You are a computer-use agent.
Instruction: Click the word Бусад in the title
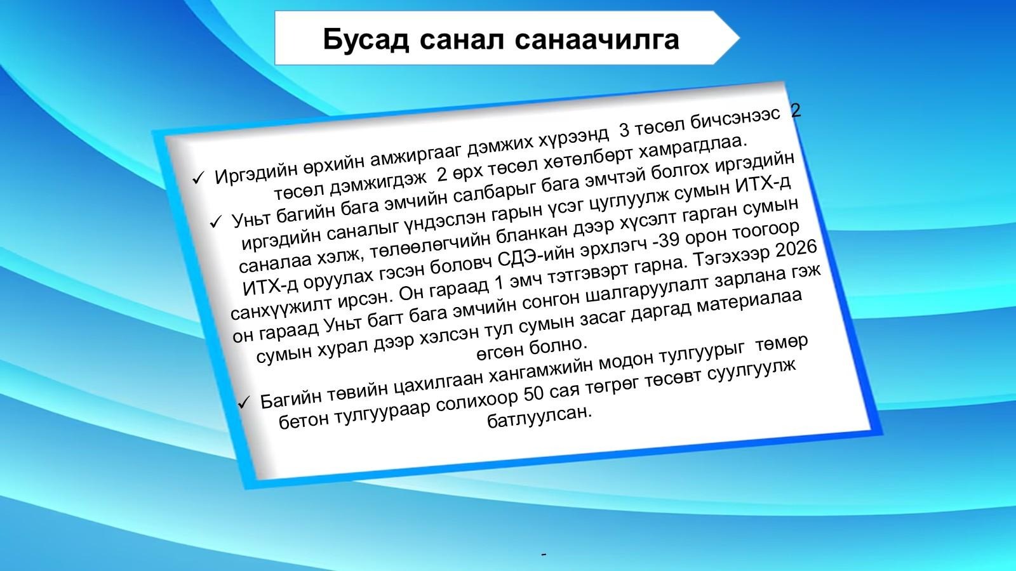366,39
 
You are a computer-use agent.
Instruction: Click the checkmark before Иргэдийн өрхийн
198,178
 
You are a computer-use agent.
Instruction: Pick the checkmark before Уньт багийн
215,221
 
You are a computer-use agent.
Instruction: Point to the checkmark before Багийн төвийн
244,402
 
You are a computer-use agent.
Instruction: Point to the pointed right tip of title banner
740,38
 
